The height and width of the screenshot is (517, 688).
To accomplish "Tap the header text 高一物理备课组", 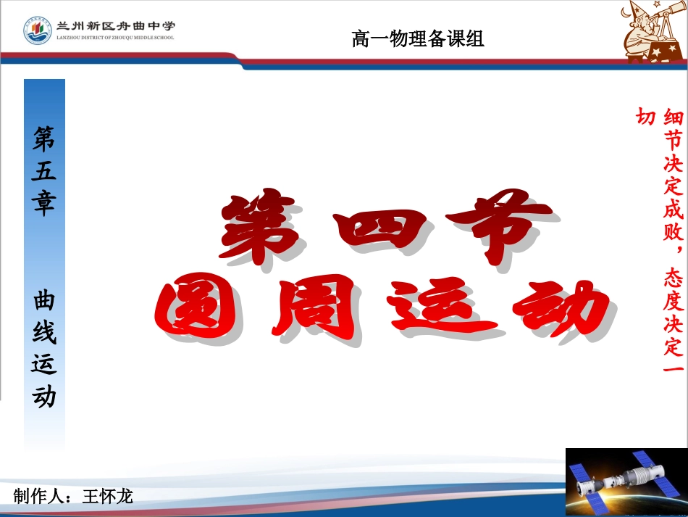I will [418, 38].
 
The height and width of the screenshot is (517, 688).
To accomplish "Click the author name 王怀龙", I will [108, 497].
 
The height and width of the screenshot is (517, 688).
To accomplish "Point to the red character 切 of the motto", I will [645, 117].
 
